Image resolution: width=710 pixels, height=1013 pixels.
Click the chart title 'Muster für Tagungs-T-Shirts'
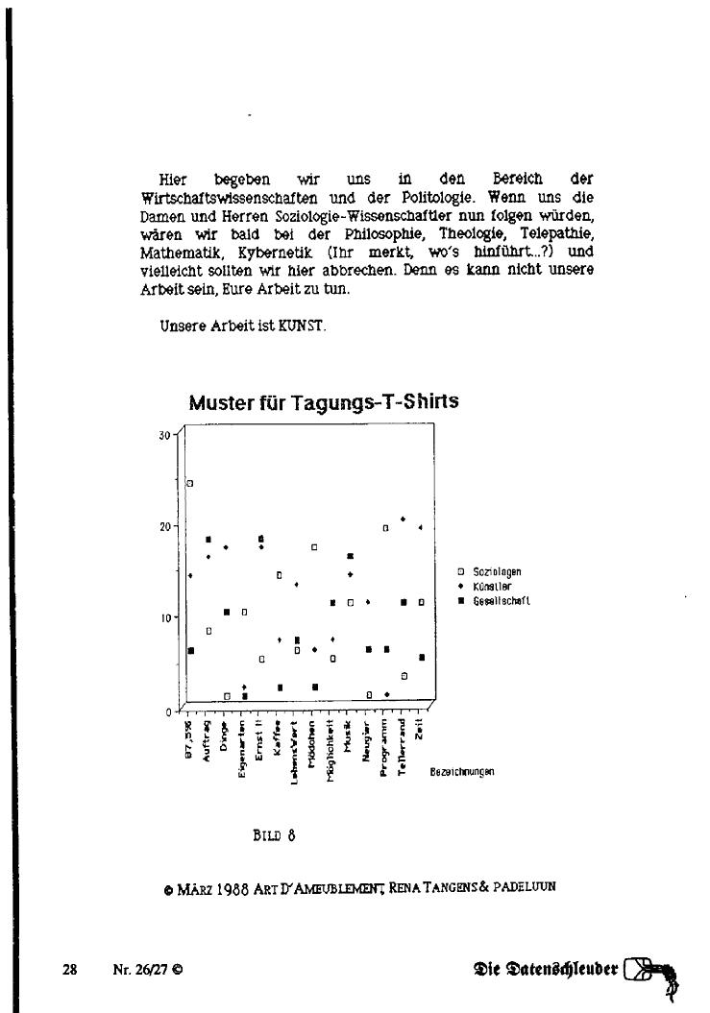tap(323, 402)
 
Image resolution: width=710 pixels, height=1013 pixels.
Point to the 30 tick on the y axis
tap(164, 434)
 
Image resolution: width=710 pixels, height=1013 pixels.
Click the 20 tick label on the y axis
tap(164, 526)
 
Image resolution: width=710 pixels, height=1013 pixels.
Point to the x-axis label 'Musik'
tap(350, 740)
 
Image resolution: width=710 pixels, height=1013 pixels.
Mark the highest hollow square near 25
tap(190, 484)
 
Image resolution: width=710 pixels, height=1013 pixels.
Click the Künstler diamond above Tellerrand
tap(404, 519)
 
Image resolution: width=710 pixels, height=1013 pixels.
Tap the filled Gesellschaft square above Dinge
tap(227, 612)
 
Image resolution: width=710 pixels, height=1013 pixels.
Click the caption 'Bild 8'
tap(273, 834)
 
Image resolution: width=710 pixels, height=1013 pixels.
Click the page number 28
tap(69, 969)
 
